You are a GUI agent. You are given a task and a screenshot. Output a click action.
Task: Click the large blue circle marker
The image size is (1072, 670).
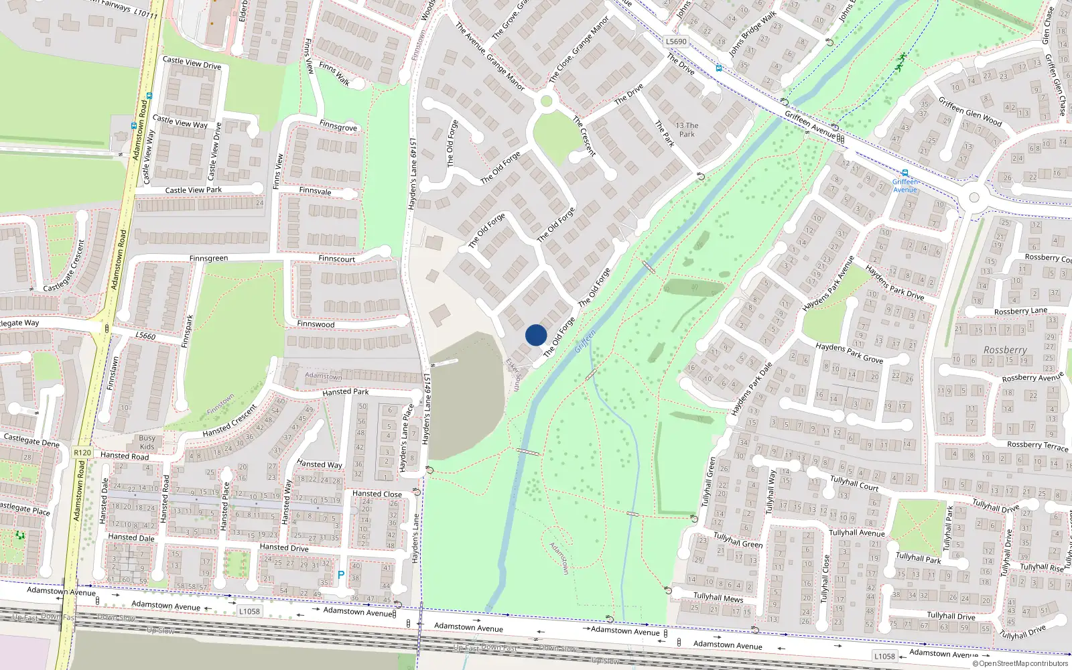[x=536, y=335]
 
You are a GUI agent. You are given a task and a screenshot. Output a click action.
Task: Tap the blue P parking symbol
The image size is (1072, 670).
[x=341, y=575]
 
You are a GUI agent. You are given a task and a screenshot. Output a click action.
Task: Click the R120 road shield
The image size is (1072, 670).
[x=82, y=453]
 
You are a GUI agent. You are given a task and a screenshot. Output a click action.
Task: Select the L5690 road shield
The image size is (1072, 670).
[x=676, y=42]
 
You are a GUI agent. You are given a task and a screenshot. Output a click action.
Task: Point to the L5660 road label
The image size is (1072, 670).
[x=145, y=336]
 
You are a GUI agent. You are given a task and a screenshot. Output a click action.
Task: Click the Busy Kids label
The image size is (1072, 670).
[x=147, y=442]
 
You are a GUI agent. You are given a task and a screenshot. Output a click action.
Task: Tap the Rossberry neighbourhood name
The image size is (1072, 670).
[x=1005, y=350]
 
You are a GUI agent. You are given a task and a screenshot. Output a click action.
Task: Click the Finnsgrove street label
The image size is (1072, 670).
[x=338, y=126]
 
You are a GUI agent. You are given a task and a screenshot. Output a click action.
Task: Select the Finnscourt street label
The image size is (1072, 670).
[x=337, y=259]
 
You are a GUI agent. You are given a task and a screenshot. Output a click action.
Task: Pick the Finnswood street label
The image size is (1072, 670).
[x=316, y=324]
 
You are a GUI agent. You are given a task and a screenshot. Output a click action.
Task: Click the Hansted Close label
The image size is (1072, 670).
[x=377, y=494]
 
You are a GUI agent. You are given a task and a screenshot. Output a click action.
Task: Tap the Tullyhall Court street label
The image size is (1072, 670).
[x=854, y=483]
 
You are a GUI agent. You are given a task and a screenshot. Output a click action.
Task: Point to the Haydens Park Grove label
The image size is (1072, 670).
[x=849, y=352]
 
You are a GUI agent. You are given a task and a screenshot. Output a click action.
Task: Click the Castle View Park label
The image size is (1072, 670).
[x=194, y=190]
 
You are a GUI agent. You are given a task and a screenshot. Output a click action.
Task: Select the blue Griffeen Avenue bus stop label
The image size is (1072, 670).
[x=905, y=186]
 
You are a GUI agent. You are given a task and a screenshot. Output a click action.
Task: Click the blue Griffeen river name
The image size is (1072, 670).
[x=585, y=342]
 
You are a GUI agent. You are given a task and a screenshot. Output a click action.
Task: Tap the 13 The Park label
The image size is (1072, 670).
[x=687, y=129]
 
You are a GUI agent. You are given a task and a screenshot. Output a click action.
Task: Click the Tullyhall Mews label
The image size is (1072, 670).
[x=718, y=597]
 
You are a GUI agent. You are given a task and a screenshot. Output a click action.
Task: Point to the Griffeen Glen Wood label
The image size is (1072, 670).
[x=970, y=112]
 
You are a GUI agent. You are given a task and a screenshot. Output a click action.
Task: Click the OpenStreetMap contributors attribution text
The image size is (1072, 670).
[x=1020, y=663]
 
